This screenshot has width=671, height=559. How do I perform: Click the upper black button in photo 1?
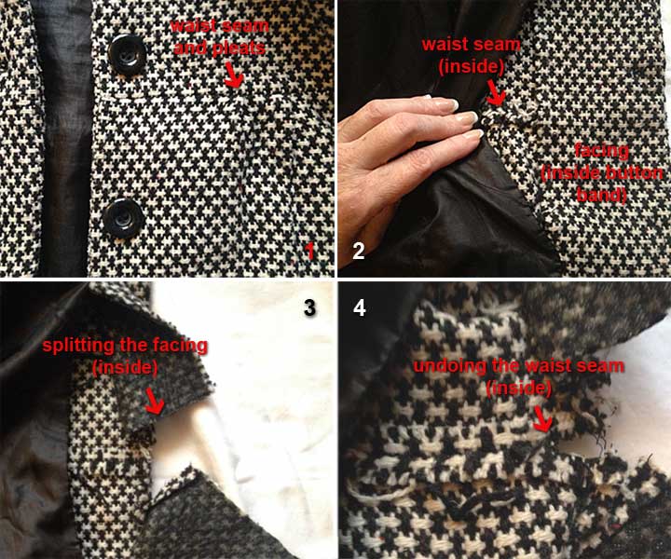(123, 49)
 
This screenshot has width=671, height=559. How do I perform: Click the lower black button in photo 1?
(121, 219)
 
